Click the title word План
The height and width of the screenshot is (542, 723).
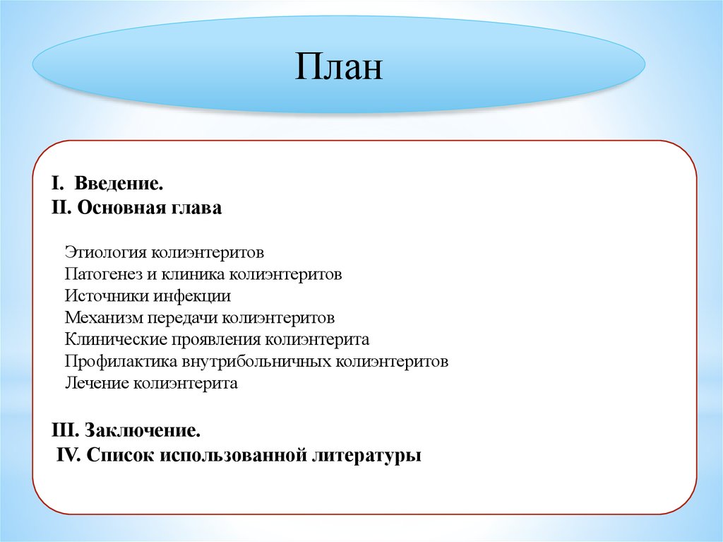339,66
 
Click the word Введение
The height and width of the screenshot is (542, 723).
119,183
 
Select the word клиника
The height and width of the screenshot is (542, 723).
193,274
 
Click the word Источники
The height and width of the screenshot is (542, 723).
107,296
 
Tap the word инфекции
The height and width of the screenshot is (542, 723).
192,296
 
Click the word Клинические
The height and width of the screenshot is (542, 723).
115,339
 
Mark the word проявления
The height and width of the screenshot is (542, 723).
215,340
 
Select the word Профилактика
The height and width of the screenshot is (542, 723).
121,362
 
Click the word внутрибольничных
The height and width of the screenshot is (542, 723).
256,362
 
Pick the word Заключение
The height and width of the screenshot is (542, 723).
143,430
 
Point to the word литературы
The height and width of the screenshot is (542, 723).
367,456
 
